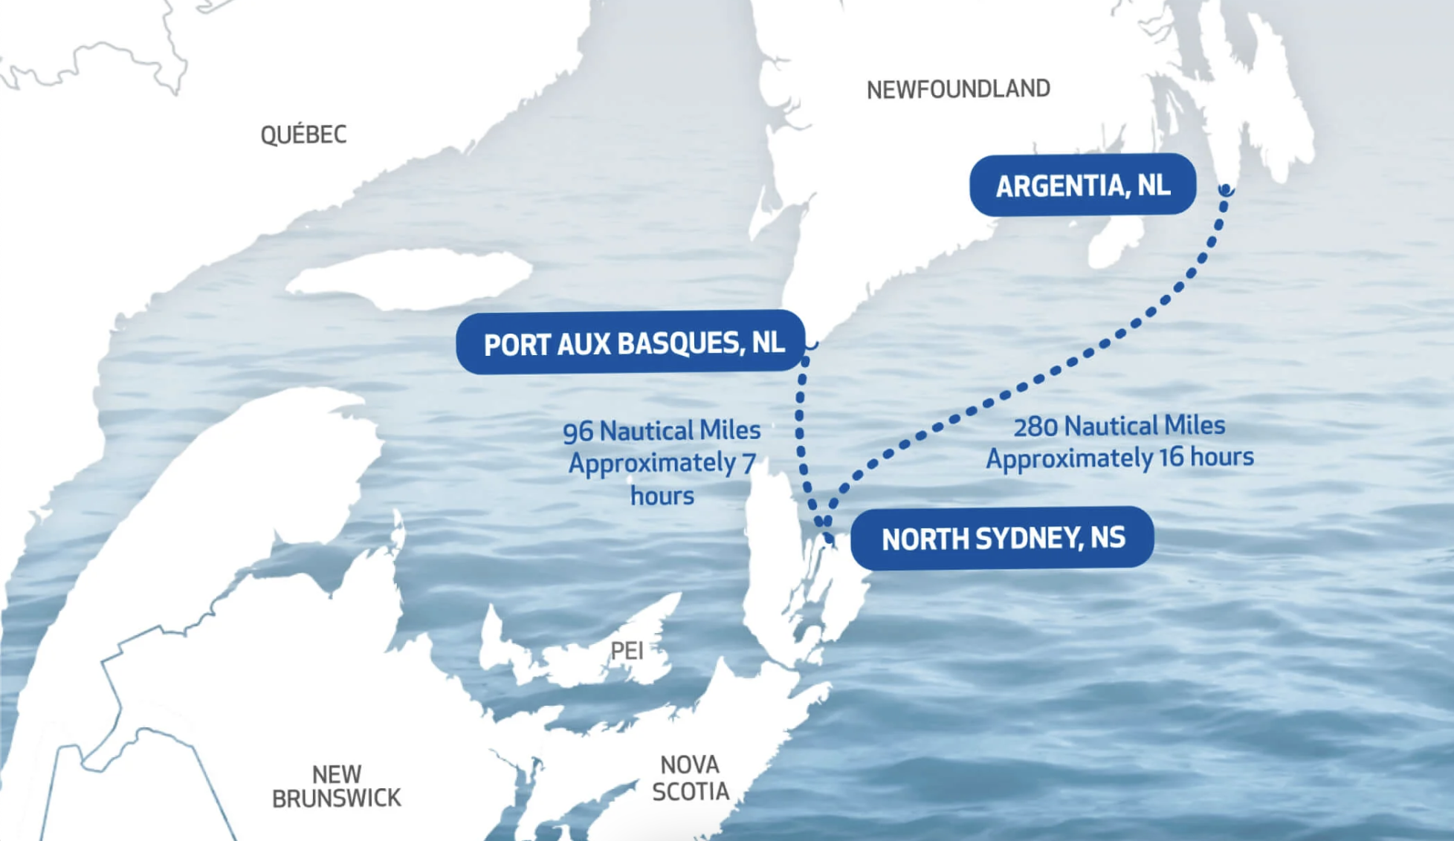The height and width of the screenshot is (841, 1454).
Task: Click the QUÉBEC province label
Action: (x=303, y=134)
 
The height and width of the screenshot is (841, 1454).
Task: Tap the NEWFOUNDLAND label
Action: (x=958, y=89)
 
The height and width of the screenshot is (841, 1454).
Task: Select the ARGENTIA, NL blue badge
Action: (x=1082, y=185)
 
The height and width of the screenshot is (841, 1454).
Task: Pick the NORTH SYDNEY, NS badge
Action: (x=1003, y=538)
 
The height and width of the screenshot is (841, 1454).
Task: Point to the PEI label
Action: (x=627, y=651)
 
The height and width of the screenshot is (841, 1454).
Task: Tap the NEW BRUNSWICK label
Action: (x=336, y=786)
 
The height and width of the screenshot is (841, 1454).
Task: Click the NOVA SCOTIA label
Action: (x=691, y=778)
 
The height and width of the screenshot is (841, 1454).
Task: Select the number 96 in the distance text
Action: (x=578, y=432)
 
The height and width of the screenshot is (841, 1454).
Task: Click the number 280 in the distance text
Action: (x=1035, y=427)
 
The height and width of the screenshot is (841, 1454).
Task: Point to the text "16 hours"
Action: (x=1206, y=457)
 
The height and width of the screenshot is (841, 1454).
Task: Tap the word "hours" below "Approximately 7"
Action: (x=662, y=496)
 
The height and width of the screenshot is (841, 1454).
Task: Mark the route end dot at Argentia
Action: (x=1226, y=190)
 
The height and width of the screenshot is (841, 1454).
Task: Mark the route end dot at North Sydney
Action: (x=830, y=539)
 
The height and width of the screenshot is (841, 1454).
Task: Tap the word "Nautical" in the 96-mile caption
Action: (x=645, y=430)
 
